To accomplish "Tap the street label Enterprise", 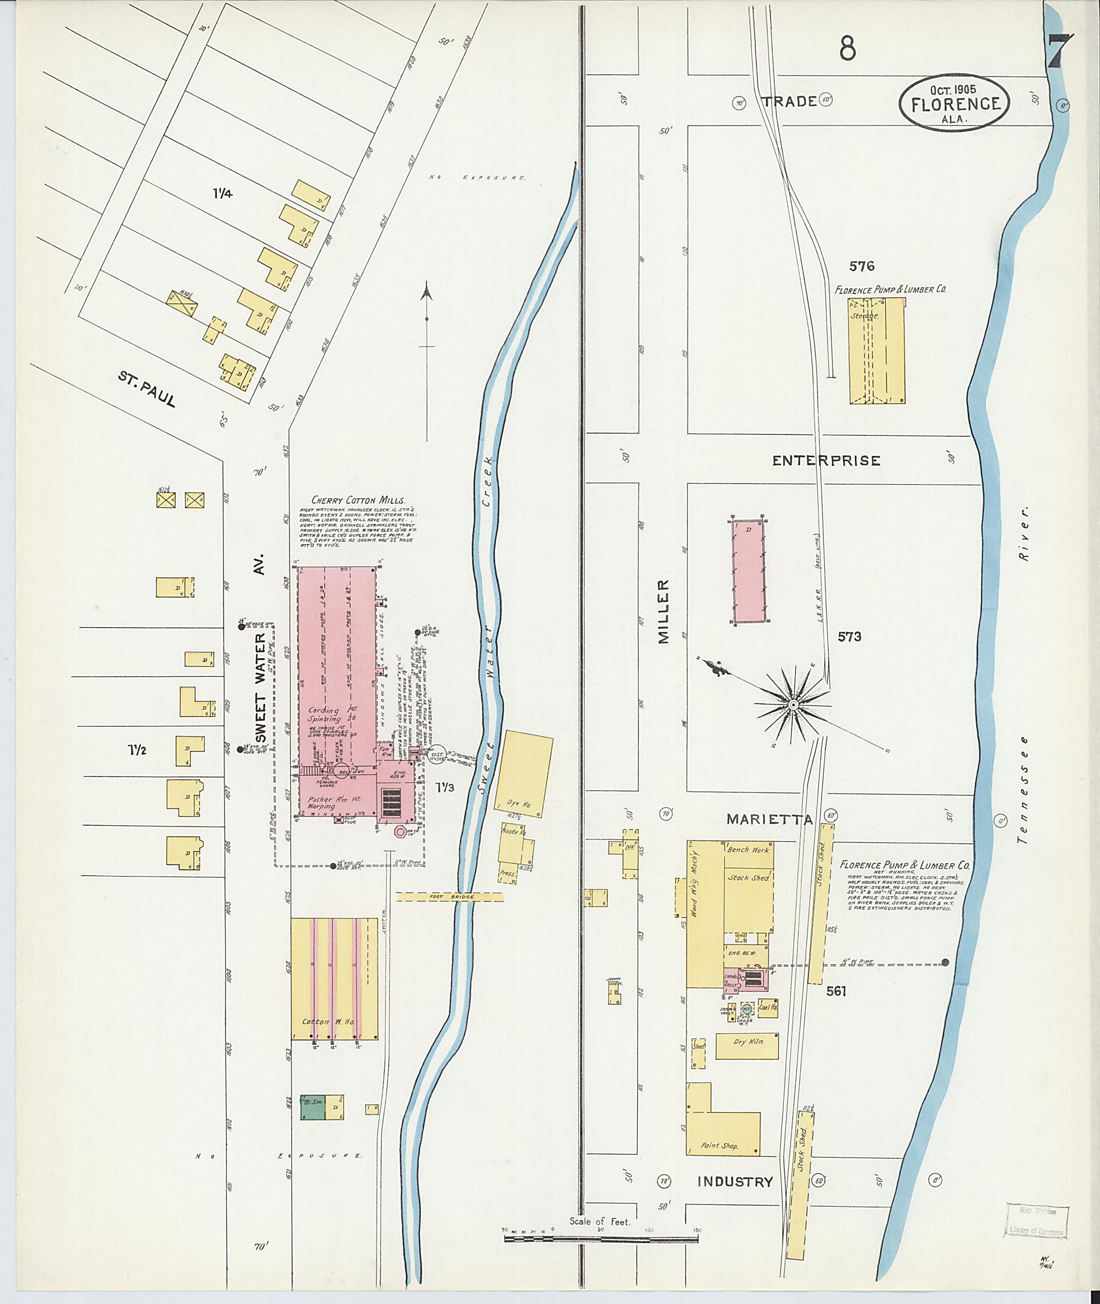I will (826, 461).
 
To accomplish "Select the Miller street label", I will (663, 611).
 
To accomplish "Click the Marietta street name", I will (769, 820).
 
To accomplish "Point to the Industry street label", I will (735, 1181).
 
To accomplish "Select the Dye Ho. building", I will (523, 774).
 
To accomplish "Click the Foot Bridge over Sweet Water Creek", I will (450, 897).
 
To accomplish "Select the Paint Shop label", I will (719, 1145).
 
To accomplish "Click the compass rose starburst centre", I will (793, 705).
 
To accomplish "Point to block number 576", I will (861, 266).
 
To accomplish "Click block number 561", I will (836, 990).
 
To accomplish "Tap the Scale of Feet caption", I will (599, 1221).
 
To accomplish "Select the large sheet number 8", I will (847, 47).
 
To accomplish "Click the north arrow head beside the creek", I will (426, 291).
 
